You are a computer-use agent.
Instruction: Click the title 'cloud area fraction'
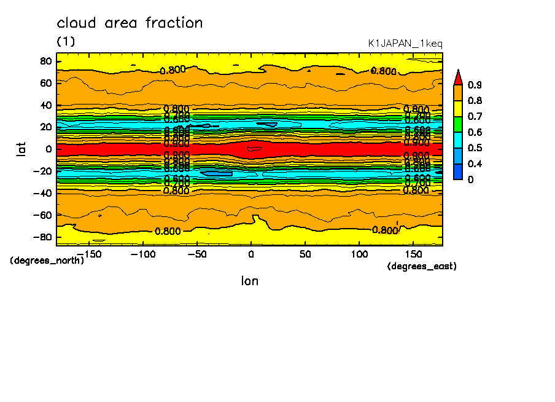tap(130, 23)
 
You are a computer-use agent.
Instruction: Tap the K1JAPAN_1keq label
tap(405, 44)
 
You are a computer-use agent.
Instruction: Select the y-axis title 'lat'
tap(21, 148)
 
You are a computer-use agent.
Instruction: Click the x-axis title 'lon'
tap(249, 281)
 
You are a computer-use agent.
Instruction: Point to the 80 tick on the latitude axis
tap(45, 61)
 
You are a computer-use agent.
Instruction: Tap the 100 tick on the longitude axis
tap(360, 253)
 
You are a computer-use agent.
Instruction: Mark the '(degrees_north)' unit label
tap(47, 261)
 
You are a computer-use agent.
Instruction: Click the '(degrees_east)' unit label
tap(422, 266)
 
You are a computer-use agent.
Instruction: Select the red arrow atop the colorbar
tap(457, 77)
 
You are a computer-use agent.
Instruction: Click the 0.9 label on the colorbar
tap(475, 85)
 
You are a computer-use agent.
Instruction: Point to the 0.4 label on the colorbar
tap(475, 164)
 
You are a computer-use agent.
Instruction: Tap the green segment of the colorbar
tap(457, 124)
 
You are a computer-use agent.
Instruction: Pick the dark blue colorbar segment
tap(457, 171)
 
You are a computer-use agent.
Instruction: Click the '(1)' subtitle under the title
tap(66, 41)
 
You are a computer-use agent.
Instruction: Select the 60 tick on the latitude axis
tap(45, 82)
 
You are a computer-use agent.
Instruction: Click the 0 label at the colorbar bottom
tap(471, 180)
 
